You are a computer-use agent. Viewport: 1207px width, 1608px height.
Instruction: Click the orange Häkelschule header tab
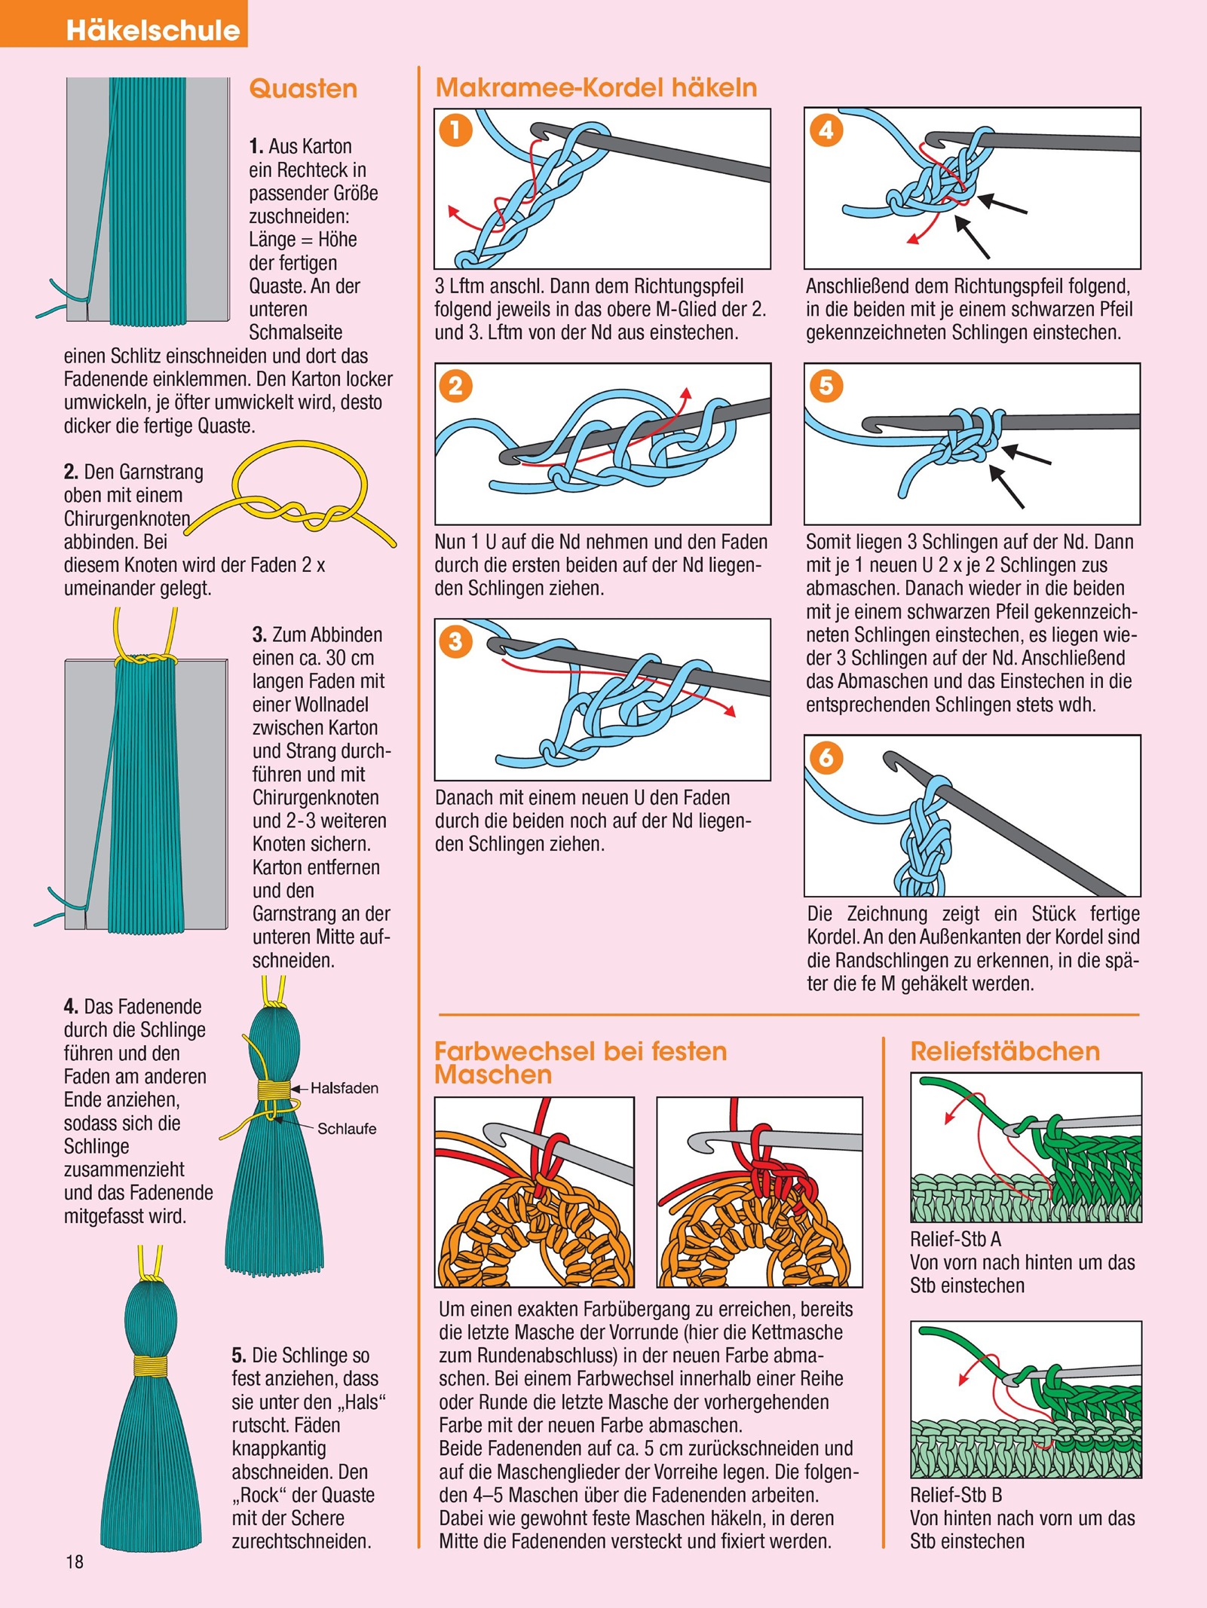pyautogui.click(x=124, y=24)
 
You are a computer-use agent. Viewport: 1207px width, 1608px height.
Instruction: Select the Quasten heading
pyautogui.click(x=303, y=89)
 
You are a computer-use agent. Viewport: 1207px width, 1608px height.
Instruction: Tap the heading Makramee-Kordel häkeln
pyautogui.click(x=596, y=87)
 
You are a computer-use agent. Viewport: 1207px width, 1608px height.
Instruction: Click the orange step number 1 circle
pyautogui.click(x=455, y=130)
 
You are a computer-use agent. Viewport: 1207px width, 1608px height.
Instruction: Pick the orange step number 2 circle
pyautogui.click(x=455, y=386)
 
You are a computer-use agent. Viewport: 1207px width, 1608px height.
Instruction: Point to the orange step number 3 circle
pyautogui.click(x=455, y=641)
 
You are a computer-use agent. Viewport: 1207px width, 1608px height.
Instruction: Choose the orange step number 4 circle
pyautogui.click(x=826, y=130)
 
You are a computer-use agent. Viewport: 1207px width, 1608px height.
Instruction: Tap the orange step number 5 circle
pyautogui.click(x=826, y=386)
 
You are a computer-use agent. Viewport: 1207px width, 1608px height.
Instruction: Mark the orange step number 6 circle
pyautogui.click(x=826, y=757)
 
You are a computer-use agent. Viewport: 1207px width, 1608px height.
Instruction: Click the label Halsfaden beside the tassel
pyautogui.click(x=345, y=1088)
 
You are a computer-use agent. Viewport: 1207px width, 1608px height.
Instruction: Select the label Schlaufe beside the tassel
pyautogui.click(x=347, y=1129)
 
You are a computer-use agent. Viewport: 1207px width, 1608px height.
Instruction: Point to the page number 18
pyautogui.click(x=75, y=1562)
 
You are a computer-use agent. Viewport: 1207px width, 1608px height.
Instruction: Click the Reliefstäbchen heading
pyautogui.click(x=1005, y=1051)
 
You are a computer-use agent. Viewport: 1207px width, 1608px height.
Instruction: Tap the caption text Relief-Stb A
pyautogui.click(x=955, y=1240)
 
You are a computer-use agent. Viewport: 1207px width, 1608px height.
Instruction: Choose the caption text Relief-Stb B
pyautogui.click(x=955, y=1496)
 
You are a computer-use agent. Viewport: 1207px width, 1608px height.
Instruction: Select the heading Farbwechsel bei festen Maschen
pyautogui.click(x=581, y=1062)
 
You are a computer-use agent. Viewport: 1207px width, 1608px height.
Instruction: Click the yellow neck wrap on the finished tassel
pyautogui.click(x=151, y=1366)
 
